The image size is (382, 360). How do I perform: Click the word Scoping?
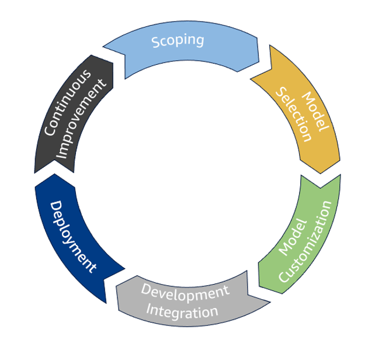(178, 41)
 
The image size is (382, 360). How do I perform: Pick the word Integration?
(182, 310)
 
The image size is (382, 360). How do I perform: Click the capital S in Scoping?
(155, 42)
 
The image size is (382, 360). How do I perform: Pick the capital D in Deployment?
(56, 206)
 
